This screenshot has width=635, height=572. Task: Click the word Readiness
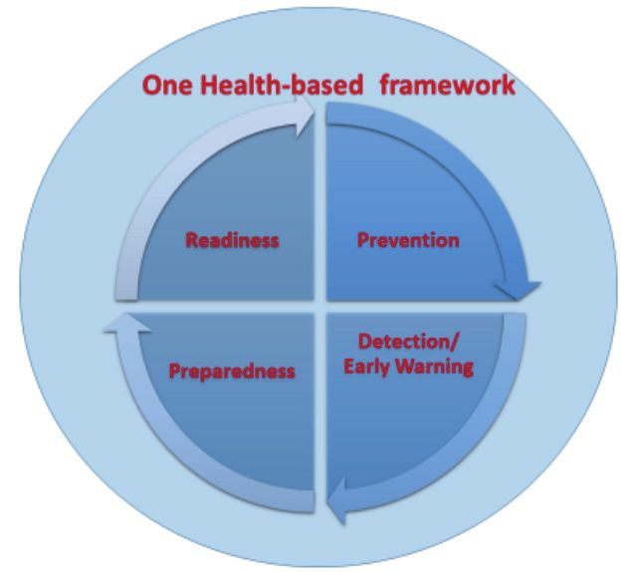[233, 240]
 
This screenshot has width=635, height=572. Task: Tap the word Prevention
[408, 240]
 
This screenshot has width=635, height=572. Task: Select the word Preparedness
[232, 372]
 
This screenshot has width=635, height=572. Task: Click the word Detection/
[408, 342]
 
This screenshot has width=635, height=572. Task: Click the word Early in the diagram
[367, 367]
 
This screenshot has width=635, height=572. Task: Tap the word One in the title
[167, 86]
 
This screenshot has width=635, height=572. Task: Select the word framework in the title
[448, 85]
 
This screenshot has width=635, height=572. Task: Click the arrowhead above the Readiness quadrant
[305, 117]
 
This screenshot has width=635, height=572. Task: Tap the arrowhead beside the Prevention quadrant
[519, 290]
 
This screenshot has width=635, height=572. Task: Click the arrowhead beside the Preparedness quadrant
[127, 323]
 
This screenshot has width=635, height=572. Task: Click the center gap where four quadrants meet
[320, 307]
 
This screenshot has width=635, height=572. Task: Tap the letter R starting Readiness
[191, 240]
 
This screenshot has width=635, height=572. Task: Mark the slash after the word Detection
[455, 342]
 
